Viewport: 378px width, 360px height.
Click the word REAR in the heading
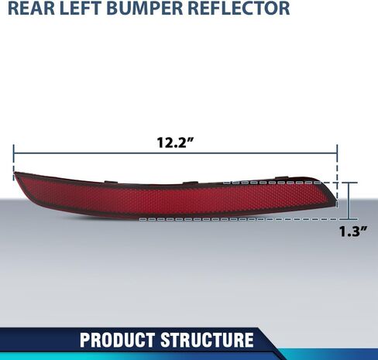[32, 8]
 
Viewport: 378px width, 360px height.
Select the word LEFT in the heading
[81, 8]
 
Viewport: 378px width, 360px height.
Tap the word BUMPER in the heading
[145, 8]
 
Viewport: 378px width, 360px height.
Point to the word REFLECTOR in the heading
[239, 8]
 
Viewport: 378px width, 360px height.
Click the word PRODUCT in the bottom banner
[117, 340]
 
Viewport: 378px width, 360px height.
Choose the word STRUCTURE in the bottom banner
[207, 340]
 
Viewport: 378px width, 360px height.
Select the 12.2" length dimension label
[175, 142]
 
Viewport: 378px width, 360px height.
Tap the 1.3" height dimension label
[353, 231]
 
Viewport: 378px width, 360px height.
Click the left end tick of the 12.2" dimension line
[14, 153]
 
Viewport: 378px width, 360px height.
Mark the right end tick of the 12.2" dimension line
[337, 153]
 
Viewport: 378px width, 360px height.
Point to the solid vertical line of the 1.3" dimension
[349, 201]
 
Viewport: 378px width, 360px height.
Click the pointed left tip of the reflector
[15, 173]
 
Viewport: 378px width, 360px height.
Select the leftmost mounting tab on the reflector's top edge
[112, 182]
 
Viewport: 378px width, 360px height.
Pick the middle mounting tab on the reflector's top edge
[191, 183]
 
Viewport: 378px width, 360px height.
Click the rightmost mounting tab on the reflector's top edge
[282, 177]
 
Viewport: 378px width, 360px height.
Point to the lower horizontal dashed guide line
[249, 219]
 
